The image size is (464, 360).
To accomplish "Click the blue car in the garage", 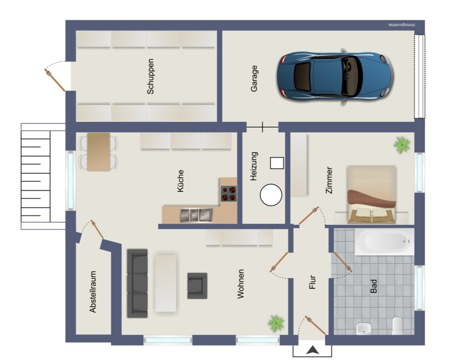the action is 335,77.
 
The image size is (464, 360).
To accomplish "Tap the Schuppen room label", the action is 150,77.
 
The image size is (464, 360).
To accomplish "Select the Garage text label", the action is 254,78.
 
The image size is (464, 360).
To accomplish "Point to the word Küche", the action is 180,181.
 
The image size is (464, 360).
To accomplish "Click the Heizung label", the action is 254,166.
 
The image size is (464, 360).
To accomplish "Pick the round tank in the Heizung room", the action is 271,194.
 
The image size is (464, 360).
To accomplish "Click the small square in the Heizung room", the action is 277,163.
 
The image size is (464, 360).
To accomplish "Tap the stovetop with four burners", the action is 229,193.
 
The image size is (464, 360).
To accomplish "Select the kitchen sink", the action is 196,216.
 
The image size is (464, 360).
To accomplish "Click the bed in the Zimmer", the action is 372,194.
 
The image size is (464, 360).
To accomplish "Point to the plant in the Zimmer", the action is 402,145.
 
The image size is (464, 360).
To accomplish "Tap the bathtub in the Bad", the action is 385,242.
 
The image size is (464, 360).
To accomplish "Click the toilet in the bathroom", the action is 397,326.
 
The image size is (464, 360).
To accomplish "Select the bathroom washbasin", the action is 364,328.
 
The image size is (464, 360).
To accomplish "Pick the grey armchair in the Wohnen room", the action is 197,286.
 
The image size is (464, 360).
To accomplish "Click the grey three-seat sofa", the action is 137,283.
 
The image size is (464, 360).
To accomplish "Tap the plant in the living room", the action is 276,323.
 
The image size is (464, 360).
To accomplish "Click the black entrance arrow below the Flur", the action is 312,351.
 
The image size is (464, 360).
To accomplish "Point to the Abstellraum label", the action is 93,292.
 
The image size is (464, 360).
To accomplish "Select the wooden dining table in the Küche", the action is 99,152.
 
